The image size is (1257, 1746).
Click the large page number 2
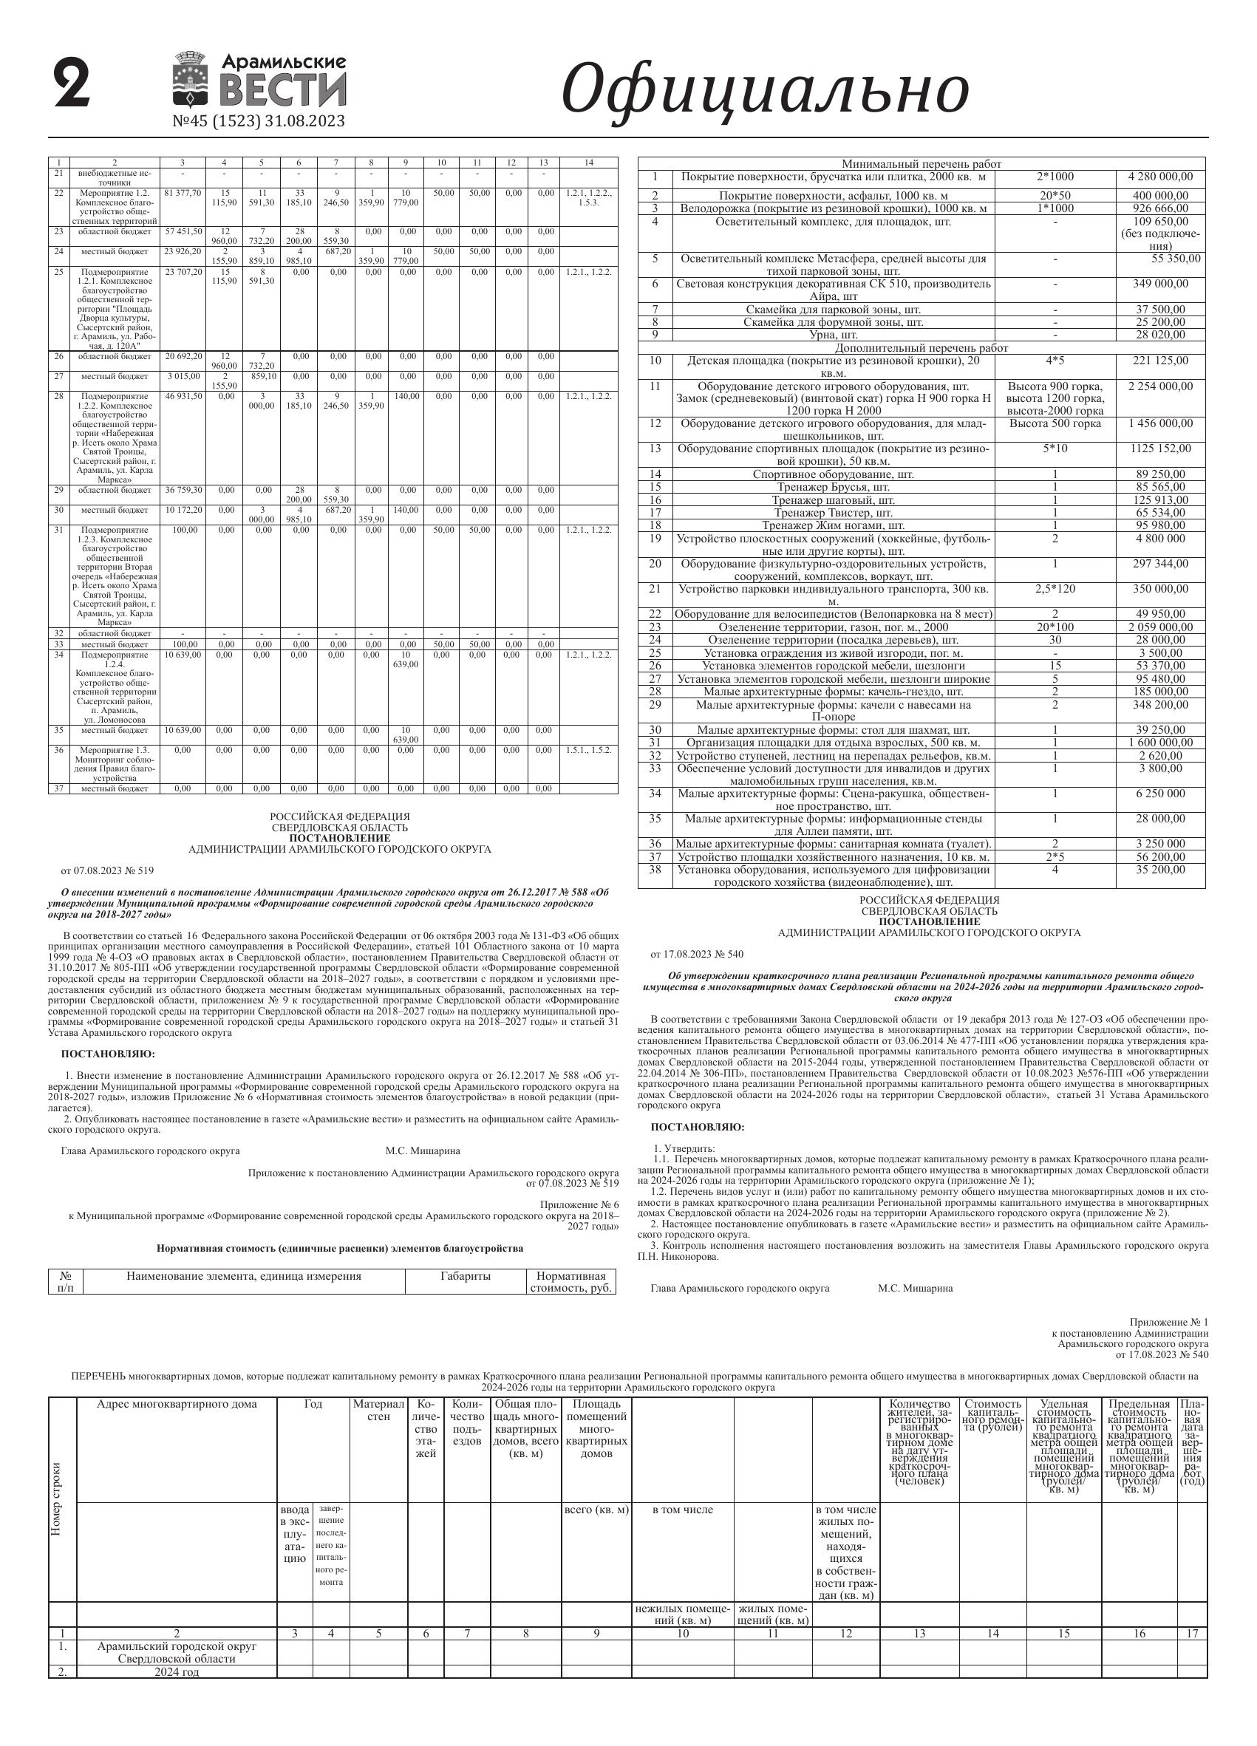pyautogui.click(x=72, y=84)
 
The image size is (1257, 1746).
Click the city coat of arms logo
pyautogui.click(x=189, y=79)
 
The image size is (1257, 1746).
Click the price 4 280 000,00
pyautogui.click(x=1160, y=177)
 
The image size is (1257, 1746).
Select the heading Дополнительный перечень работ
pyautogui.click(x=921, y=348)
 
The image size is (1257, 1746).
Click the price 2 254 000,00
pyautogui.click(x=1160, y=386)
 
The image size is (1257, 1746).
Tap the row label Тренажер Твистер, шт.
pyautogui.click(x=833, y=513)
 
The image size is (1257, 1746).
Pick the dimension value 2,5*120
pyautogui.click(x=1055, y=589)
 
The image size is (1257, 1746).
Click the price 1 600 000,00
pyautogui.click(x=1160, y=743)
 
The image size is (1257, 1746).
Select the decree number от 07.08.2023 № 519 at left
pyautogui.click(x=108, y=870)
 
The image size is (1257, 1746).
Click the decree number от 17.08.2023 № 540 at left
pyautogui.click(x=697, y=955)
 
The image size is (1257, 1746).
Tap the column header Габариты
pyautogui.click(x=466, y=1276)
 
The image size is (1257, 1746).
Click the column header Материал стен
pyautogui.click(x=378, y=1411)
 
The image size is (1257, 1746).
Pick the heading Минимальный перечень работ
pyautogui.click(x=921, y=164)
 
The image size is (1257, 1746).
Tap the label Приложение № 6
pyautogui.click(x=579, y=1205)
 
